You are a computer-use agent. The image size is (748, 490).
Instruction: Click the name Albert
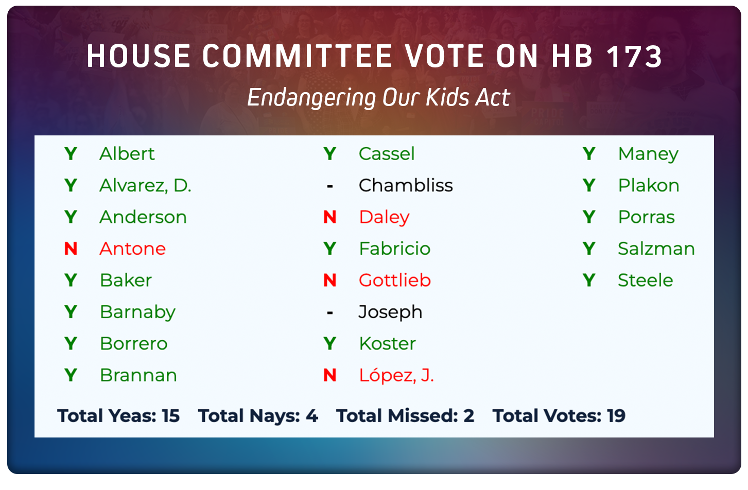pos(127,154)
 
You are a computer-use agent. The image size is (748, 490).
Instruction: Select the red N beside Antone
pos(71,249)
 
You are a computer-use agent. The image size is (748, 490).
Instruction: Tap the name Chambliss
pos(406,185)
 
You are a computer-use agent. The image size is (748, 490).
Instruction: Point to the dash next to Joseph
pos(330,312)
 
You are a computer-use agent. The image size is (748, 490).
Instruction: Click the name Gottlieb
pos(395,281)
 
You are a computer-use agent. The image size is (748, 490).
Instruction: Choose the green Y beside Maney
pos(589,154)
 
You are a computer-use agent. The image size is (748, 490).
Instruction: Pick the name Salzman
pos(656,249)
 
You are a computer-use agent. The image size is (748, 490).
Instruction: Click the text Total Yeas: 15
pos(118,416)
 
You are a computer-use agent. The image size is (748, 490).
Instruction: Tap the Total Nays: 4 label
pos(258,416)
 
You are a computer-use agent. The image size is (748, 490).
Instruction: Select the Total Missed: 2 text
pos(405,416)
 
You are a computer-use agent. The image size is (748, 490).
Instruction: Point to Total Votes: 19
pos(559,416)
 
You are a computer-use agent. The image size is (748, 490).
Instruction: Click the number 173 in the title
pos(634,56)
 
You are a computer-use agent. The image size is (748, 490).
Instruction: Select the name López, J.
pos(396,375)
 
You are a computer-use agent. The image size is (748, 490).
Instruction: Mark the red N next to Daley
pos(330,217)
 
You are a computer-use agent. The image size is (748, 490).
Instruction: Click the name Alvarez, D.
pos(145,185)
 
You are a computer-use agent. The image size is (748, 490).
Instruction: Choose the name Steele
pos(645,281)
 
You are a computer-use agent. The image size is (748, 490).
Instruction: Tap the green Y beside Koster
pos(330,343)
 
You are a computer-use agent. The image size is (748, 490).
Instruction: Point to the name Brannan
pos(138,375)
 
